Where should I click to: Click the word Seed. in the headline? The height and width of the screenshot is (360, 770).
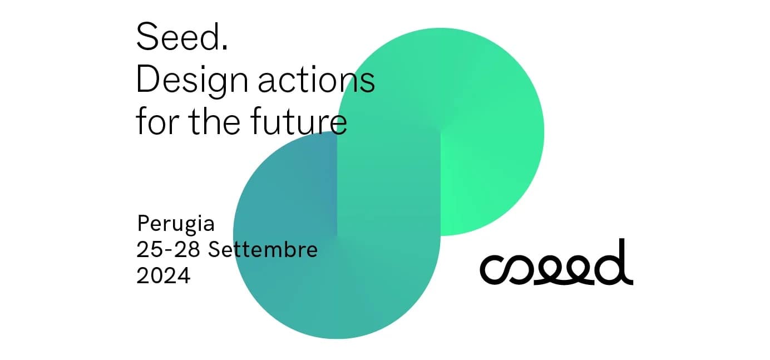click(x=182, y=37)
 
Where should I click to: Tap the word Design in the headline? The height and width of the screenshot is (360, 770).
click(x=192, y=82)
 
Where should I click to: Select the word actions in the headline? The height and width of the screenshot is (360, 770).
click(x=316, y=80)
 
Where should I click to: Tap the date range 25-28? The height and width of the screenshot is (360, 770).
click(x=168, y=249)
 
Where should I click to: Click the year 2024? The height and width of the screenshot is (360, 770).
click(x=163, y=275)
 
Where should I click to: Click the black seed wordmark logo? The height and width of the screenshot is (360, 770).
click(x=556, y=262)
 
